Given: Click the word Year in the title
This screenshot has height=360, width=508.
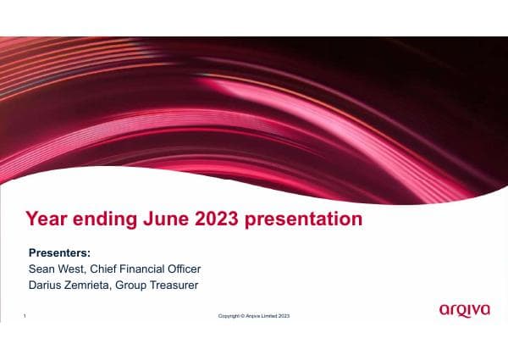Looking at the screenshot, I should click(x=47, y=219).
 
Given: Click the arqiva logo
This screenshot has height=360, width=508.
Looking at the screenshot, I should click(x=464, y=310).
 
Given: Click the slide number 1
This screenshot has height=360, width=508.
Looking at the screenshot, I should click(x=25, y=316).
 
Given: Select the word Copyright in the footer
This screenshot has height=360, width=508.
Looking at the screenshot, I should click(x=229, y=317).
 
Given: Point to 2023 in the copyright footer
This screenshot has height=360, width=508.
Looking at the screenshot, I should click(x=285, y=317).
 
